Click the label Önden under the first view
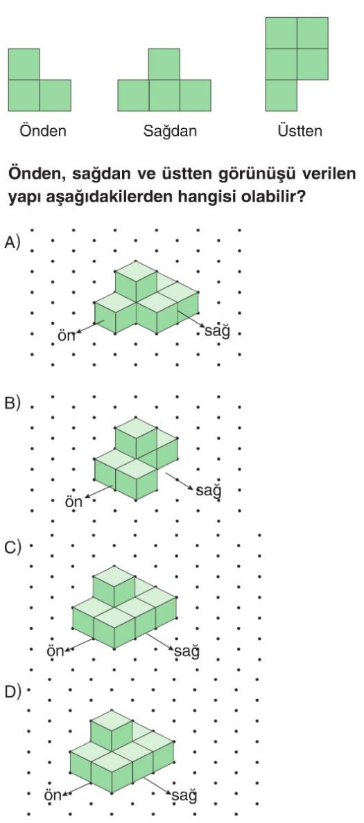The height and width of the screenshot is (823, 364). (x=43, y=130)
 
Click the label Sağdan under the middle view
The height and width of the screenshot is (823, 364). (x=170, y=131)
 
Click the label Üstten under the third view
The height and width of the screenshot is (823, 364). (x=300, y=130)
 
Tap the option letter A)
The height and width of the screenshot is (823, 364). (x=12, y=242)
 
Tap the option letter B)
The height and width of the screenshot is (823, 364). (x=12, y=403)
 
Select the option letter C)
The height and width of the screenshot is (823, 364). (x=12, y=547)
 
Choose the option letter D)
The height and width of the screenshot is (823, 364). (x=12, y=692)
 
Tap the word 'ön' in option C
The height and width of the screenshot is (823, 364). (x=55, y=651)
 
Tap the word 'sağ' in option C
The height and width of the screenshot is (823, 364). (x=187, y=652)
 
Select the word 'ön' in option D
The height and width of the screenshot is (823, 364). (x=53, y=795)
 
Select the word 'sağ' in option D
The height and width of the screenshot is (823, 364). (x=185, y=795)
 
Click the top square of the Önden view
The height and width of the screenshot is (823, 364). (x=24, y=64)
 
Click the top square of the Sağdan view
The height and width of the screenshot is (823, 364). (x=164, y=64)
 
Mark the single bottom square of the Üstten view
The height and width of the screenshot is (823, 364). (x=281, y=95)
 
